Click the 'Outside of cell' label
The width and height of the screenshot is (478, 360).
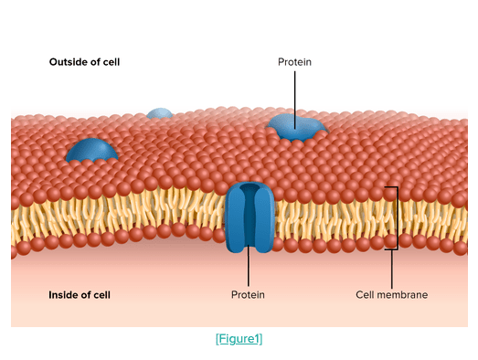pos(84,62)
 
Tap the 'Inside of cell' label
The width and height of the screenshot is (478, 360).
pos(80,295)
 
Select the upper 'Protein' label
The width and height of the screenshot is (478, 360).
pos(294,62)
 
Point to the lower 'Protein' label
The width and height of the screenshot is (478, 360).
pos(248,295)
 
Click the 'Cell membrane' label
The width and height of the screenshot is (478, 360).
pos(392,295)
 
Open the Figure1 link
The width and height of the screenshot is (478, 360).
pos(239,339)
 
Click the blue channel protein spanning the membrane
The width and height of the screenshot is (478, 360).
pos(250,217)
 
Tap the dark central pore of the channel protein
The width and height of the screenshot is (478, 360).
pos(250,214)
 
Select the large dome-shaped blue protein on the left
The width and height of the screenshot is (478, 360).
pos(91,150)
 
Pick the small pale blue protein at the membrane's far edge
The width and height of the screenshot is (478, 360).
pos(159,113)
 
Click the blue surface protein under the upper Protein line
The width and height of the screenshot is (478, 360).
pos(297,127)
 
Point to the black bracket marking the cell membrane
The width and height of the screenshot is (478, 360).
pos(398,218)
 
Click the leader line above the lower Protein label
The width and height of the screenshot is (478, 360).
pos(249,266)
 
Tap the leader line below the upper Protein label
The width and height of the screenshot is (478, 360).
pos(295,101)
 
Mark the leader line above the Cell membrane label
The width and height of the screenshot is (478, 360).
pos(392,270)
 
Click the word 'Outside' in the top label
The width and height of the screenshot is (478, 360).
pos(67,62)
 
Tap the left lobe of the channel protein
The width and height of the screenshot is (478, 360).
pos(234,218)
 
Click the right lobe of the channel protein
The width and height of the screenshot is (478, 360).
pos(265,218)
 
